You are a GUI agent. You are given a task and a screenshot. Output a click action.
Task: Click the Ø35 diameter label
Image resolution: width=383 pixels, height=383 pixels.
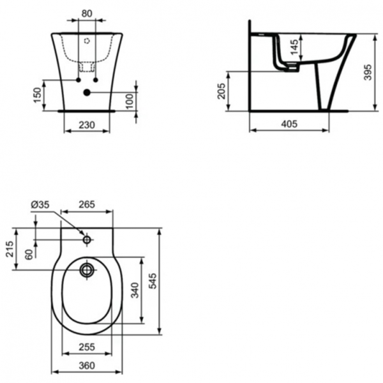coord(40,205)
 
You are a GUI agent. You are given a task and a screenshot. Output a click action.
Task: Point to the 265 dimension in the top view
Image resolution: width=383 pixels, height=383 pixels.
coord(87,205)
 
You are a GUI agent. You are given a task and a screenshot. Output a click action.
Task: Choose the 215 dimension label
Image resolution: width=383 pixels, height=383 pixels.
coord(9,248)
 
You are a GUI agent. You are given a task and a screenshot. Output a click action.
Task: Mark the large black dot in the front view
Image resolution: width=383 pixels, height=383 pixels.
coord(87,93)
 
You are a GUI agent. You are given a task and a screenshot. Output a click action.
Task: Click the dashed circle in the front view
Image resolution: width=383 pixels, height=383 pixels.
coord(87,40)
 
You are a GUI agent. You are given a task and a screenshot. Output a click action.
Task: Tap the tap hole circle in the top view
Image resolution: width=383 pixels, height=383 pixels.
coord(87,240)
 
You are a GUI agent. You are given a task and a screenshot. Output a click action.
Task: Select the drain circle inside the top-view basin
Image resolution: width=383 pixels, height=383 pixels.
coord(87,270)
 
